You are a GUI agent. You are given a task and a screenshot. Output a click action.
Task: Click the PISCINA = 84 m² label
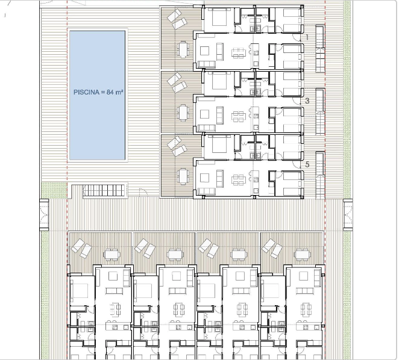(x=98, y=92)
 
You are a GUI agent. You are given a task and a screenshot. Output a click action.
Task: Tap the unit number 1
(x=307, y=37)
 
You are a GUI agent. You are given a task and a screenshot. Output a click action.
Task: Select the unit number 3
(x=307, y=101)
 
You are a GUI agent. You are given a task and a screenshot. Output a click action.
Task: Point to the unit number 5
(x=307, y=164)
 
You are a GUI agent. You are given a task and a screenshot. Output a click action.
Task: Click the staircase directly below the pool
(x=104, y=190)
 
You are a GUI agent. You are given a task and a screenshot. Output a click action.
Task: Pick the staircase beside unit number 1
(x=320, y=49)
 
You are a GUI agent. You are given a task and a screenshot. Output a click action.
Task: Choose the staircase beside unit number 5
(x=320, y=175)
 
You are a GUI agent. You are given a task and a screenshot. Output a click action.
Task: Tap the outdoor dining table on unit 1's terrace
(x=183, y=49)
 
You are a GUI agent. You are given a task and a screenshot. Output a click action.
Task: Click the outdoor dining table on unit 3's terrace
(x=183, y=113)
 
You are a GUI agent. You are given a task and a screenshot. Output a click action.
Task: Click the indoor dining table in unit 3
(x=239, y=116)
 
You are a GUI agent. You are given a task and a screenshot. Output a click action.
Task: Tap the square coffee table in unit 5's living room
(x=204, y=178)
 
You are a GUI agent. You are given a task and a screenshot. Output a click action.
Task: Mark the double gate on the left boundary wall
(x=44, y=215)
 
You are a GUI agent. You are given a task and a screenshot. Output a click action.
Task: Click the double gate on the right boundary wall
(x=348, y=215)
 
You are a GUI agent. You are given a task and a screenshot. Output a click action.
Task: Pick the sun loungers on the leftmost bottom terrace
(x=81, y=248)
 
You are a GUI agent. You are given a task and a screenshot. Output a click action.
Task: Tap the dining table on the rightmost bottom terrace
(x=302, y=254)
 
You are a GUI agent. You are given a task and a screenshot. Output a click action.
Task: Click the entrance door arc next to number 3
(x=297, y=101)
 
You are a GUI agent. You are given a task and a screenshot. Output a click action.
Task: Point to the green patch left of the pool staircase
(x=54, y=190)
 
